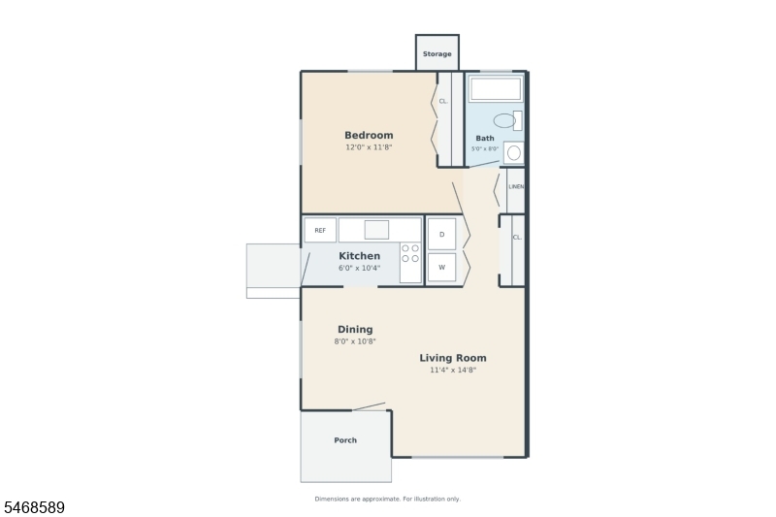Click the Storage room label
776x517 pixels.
coord(437,54)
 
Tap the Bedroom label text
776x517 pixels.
coord(369,135)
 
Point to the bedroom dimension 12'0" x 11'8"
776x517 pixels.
coord(369,147)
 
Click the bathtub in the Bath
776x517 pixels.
coord(496,89)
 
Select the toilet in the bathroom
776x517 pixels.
coord(507,120)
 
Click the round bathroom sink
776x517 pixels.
coord(514,153)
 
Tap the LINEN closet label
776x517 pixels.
coord(516,187)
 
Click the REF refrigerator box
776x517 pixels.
coord(320,230)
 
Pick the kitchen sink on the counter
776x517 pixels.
coord(376,230)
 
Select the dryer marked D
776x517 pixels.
coord(441,234)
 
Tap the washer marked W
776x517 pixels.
coord(441,267)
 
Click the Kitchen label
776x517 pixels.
coord(359,256)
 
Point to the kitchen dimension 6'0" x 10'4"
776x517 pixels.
coord(359,268)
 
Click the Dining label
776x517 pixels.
coord(355,329)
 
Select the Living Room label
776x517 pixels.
coord(453,358)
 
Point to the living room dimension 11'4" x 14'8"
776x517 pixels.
coord(453,371)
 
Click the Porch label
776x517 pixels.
coord(345,440)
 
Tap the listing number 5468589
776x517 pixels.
coord(34,507)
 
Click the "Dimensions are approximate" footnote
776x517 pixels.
coord(387,499)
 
